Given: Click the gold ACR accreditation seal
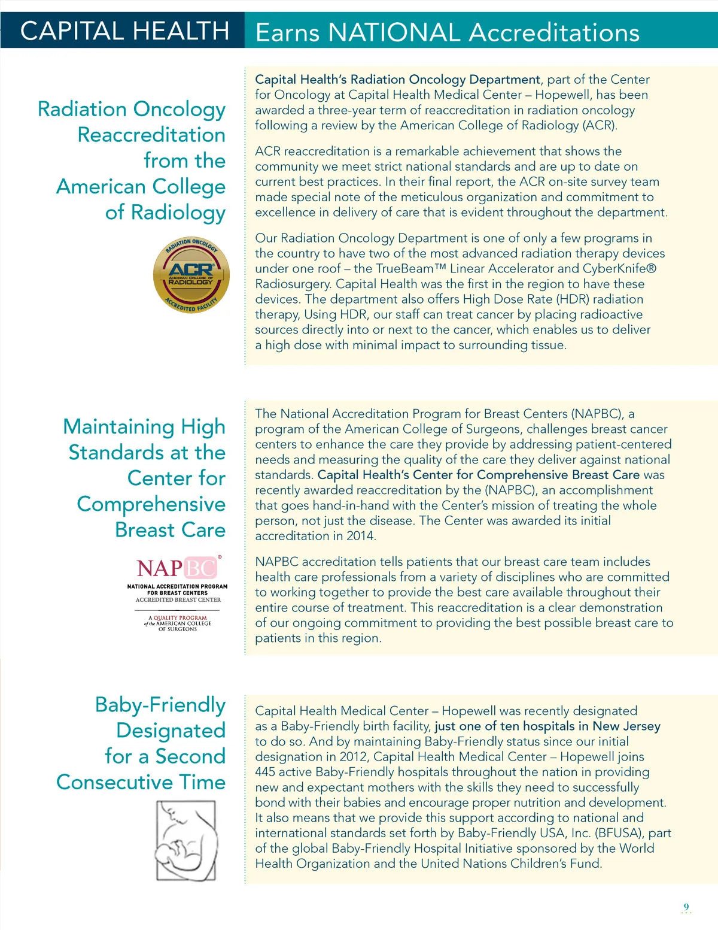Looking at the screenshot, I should (x=191, y=275).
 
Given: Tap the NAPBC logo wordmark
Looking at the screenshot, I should (x=178, y=568).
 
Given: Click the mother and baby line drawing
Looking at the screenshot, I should (x=186, y=840).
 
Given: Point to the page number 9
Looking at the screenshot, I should (x=686, y=907).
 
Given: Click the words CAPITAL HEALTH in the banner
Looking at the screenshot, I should (x=124, y=31).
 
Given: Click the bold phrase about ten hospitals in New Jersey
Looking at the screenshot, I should (x=547, y=726).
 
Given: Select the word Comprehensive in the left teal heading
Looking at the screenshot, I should (x=151, y=504).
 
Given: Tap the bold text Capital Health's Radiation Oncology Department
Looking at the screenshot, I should (x=397, y=80).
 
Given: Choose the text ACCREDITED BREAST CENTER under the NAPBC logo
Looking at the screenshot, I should (x=178, y=599).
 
